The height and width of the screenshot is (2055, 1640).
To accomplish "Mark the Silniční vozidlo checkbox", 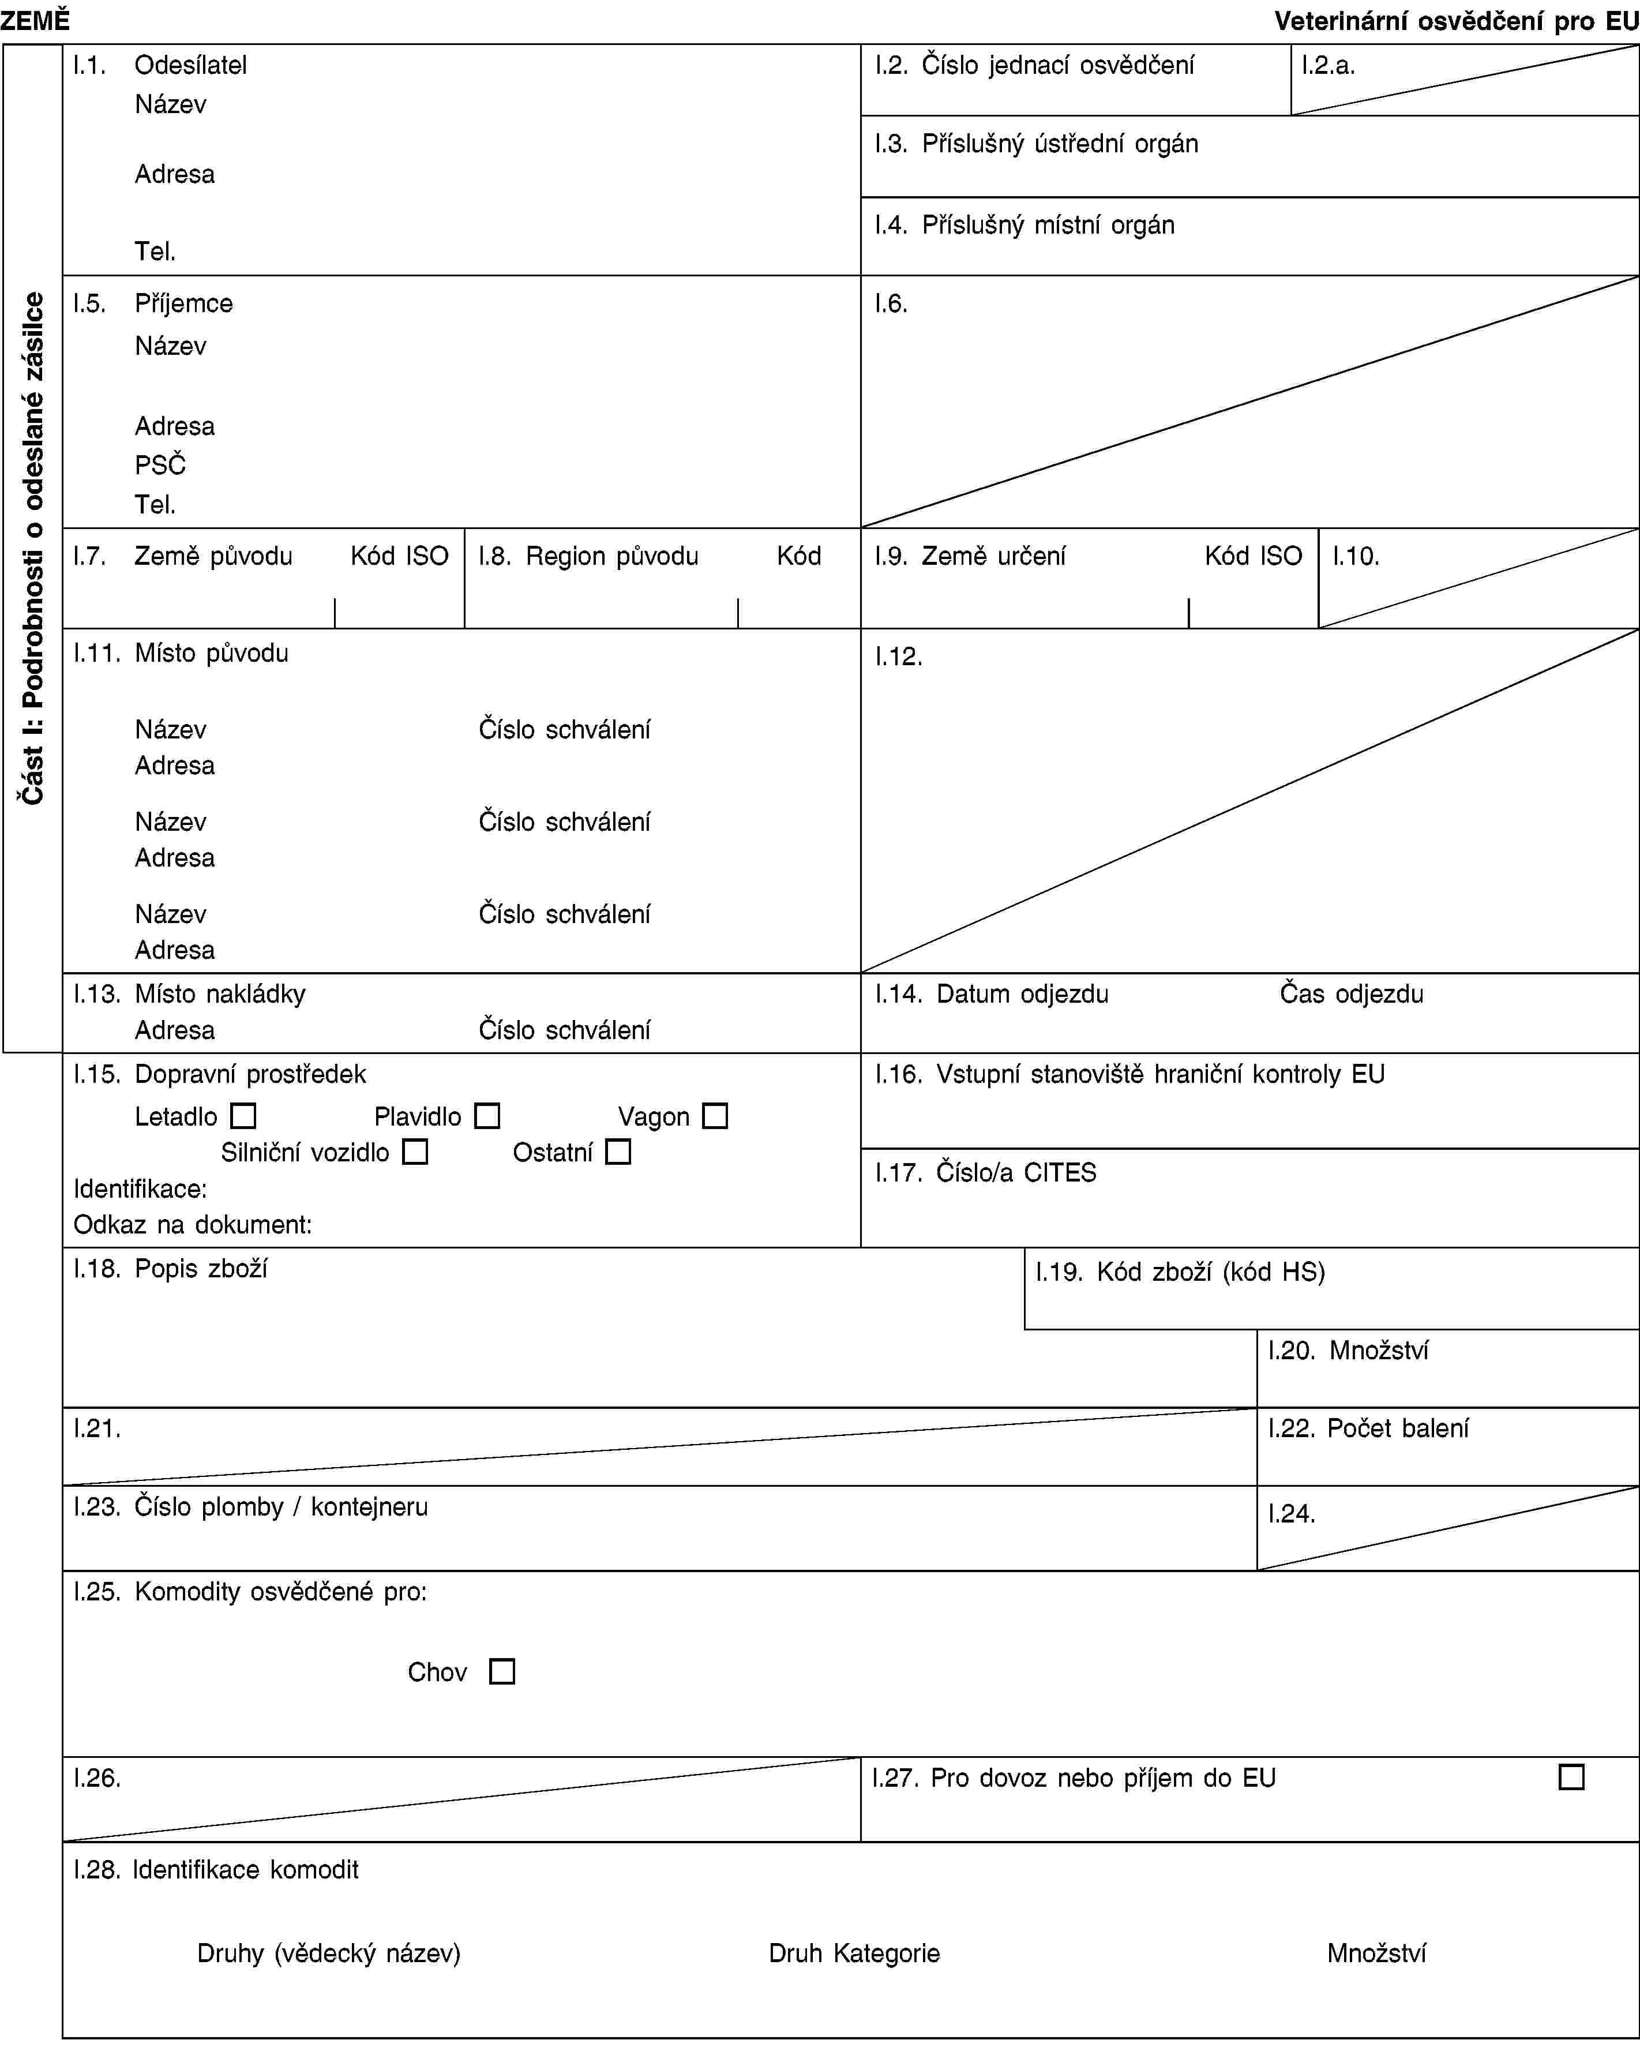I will click(415, 1152).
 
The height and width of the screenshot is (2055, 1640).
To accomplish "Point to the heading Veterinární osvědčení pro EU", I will click(1456, 20).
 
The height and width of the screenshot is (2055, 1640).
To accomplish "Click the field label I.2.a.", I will click(1328, 65).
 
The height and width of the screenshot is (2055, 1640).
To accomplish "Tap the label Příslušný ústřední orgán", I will click(1060, 144).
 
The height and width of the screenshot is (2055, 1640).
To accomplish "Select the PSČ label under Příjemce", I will click(160, 464).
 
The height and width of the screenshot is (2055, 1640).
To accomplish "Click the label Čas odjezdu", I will click(1350, 993).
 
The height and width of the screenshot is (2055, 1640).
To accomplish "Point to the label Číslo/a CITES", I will click(1016, 1172).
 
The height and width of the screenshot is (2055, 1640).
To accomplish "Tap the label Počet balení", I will click(1397, 1428).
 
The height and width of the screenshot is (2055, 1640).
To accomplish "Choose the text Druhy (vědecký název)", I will click(329, 1953).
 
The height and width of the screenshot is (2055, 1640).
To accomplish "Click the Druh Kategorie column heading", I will click(854, 1953).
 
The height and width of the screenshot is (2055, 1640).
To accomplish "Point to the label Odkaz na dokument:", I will click(193, 1225).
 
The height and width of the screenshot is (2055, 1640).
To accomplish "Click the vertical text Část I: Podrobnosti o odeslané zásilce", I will click(33, 548).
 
